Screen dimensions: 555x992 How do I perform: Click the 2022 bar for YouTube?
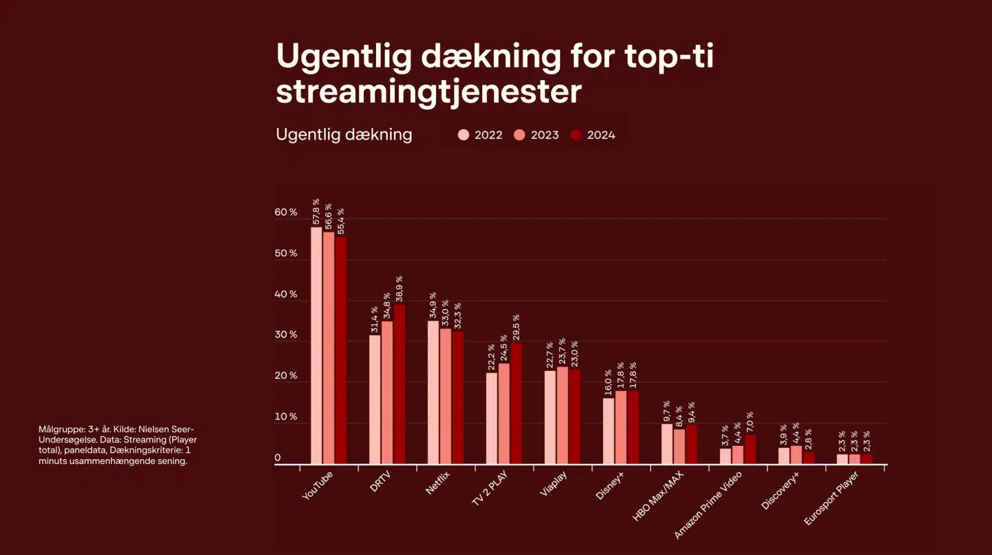(316, 345)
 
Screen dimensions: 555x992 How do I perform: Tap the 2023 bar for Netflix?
(446, 396)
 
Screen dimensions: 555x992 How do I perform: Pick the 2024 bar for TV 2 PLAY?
(516, 403)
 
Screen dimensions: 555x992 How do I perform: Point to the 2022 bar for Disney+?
(608, 431)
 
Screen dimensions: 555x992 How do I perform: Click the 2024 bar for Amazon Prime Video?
(750, 450)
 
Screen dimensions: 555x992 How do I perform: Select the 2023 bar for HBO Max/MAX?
(679, 447)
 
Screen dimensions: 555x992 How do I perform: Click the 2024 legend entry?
(593, 135)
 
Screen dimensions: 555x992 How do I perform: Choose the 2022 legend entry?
(481, 135)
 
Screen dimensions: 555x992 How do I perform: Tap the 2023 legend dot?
(519, 135)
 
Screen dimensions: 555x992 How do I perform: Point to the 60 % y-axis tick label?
(286, 212)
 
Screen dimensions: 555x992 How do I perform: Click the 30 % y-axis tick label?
(286, 335)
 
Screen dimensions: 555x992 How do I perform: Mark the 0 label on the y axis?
(278, 458)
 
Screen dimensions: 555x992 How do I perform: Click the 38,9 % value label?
(399, 289)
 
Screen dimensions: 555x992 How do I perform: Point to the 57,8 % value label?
(316, 212)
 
